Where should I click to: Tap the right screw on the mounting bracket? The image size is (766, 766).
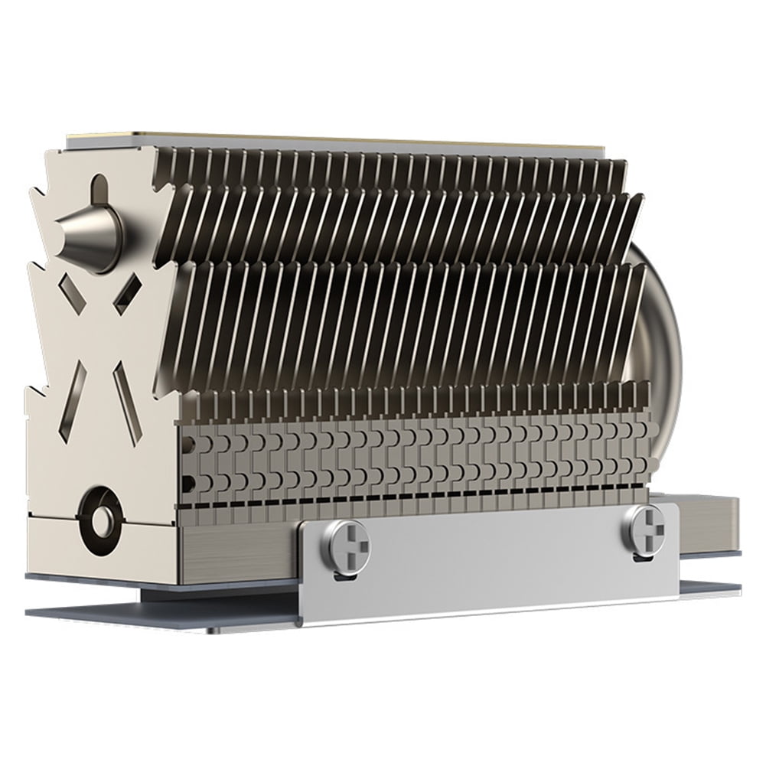click(x=644, y=526)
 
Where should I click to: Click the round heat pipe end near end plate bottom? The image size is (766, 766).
click(x=100, y=520)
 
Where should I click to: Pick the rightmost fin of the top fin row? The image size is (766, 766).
click(x=617, y=172)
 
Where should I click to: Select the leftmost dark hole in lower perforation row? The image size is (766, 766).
click(x=188, y=483)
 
